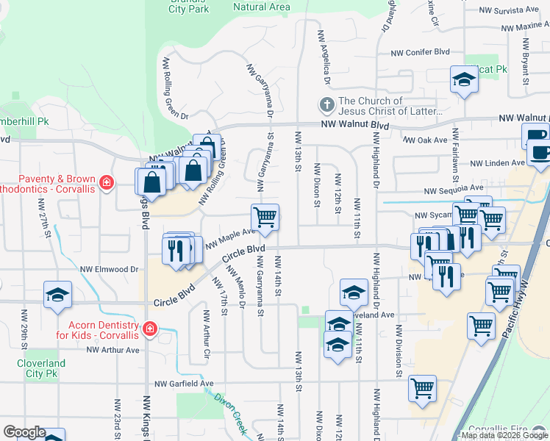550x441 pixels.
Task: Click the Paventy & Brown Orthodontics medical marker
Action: [x=107, y=182]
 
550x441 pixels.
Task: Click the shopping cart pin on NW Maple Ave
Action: [x=265, y=218]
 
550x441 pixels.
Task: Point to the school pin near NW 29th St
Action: [x=57, y=295]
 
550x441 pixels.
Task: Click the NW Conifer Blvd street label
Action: [x=420, y=53]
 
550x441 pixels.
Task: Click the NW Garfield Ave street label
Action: [x=184, y=384]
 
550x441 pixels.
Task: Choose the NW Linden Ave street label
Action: [x=498, y=163]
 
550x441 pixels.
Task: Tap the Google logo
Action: [x=24, y=432]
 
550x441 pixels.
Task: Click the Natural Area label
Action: [x=262, y=7]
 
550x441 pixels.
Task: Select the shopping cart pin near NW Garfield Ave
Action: [x=422, y=388]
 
